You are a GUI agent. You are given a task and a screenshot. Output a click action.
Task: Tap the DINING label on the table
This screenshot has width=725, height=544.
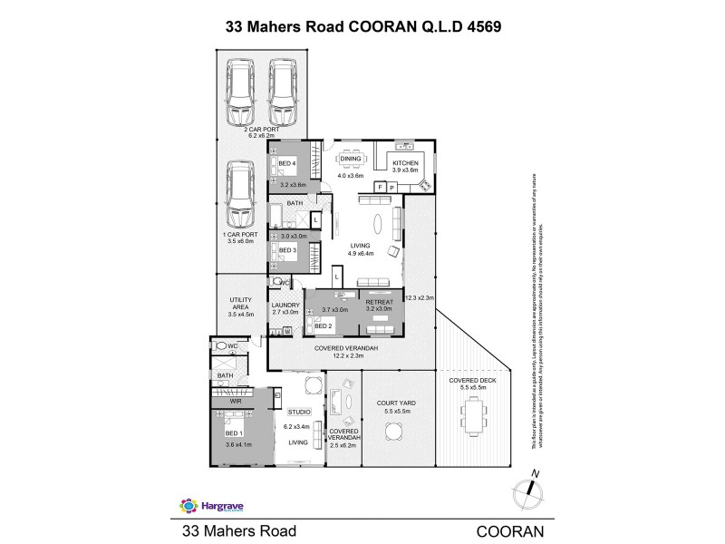(351, 160)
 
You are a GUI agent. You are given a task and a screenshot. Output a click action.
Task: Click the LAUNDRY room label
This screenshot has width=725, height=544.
(285, 306)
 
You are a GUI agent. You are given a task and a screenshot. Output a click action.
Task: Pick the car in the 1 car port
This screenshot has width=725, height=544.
(239, 195)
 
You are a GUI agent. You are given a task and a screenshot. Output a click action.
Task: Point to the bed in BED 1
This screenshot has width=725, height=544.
(239, 427)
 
